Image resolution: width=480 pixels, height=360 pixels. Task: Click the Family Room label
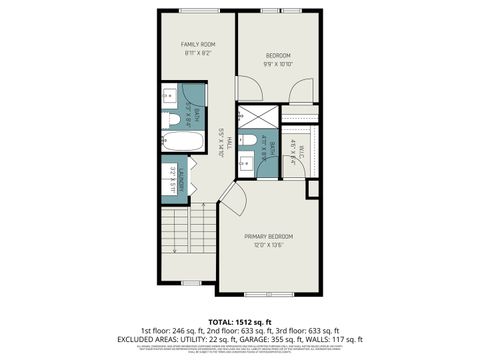(x=197, y=45)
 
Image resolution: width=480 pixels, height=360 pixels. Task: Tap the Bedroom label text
(x=278, y=54)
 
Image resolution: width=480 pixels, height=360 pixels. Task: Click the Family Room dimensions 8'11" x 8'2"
(x=197, y=54)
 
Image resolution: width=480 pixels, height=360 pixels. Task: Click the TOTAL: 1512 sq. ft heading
(x=240, y=322)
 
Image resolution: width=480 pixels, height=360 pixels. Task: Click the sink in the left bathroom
(x=169, y=98)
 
